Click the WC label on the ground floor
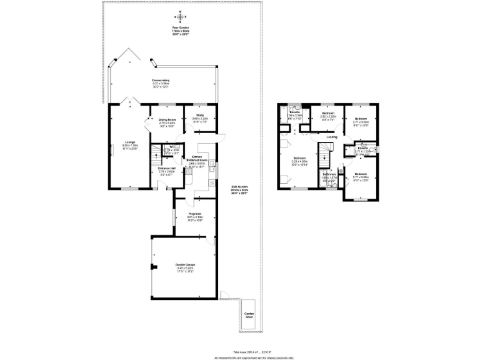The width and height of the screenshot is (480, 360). [171, 148]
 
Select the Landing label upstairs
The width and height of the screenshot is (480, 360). [332, 137]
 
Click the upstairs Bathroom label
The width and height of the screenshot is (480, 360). [329, 176]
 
